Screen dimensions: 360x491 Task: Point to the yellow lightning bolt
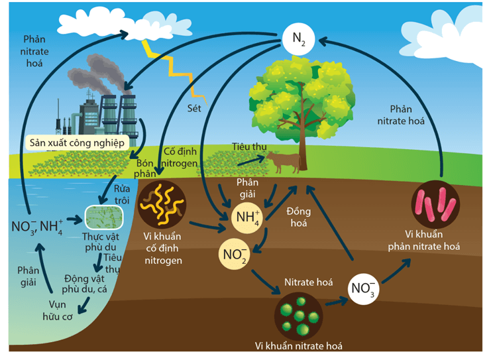click(174, 66)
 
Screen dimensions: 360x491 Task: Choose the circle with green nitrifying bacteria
click(299, 314)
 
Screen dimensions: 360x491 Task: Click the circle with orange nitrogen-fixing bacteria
click(162, 203)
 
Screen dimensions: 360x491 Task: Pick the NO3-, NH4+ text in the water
click(37, 227)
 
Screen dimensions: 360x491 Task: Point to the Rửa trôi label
click(117, 194)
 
